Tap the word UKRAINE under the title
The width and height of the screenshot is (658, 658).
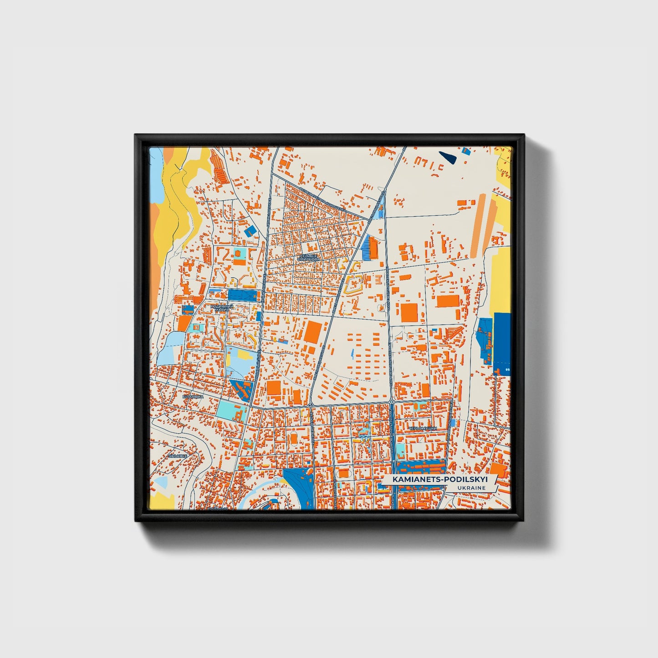[x=473, y=488]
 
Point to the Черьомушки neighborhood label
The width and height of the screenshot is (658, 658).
[x=423, y=428]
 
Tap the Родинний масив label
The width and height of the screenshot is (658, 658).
[x=222, y=308]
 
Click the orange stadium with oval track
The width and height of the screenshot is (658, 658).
[x=293, y=438]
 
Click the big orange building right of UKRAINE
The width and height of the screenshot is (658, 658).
[x=498, y=469]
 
